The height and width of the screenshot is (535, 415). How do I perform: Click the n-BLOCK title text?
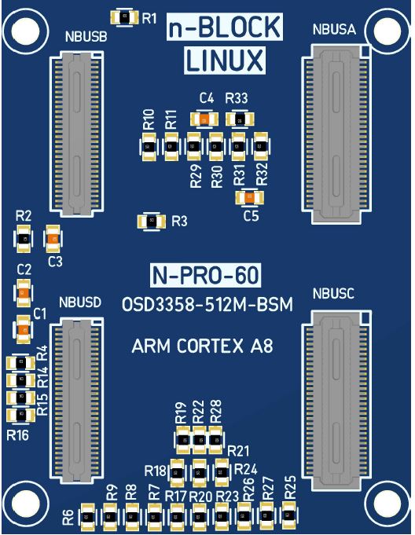click(x=225, y=27)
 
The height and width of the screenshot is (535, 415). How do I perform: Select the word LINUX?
click(x=225, y=60)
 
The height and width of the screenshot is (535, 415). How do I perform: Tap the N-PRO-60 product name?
click(x=205, y=275)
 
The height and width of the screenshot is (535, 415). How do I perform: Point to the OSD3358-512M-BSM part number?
click(x=207, y=305)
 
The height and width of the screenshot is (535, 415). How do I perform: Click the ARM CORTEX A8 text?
click(x=202, y=346)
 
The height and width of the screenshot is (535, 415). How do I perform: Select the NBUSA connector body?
click(x=336, y=134)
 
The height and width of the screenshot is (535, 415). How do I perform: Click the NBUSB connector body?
click(x=77, y=133)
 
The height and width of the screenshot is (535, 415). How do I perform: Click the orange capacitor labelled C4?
click(x=204, y=119)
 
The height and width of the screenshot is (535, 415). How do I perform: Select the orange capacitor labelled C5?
click(x=249, y=197)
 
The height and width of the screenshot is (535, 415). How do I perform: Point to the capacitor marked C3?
click(x=53, y=239)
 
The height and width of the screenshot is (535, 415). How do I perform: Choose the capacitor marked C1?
click(x=24, y=330)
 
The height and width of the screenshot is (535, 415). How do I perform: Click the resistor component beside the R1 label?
click(x=124, y=17)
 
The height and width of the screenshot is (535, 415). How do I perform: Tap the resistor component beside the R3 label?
click(x=152, y=222)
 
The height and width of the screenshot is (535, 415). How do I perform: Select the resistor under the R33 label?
click(x=241, y=120)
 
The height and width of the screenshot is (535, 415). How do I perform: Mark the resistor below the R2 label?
click(x=24, y=239)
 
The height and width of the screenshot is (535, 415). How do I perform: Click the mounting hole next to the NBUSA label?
click(x=387, y=31)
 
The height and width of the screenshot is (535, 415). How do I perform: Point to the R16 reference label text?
click(x=17, y=435)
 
